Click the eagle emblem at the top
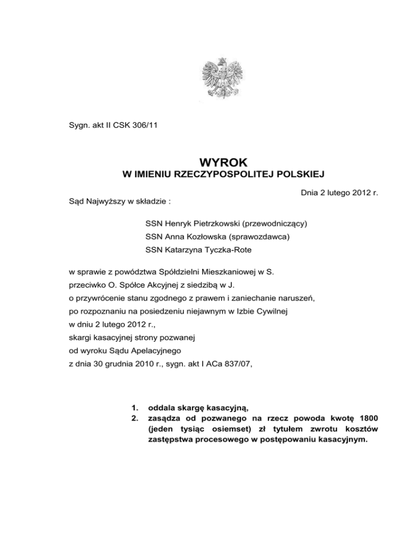221,80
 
